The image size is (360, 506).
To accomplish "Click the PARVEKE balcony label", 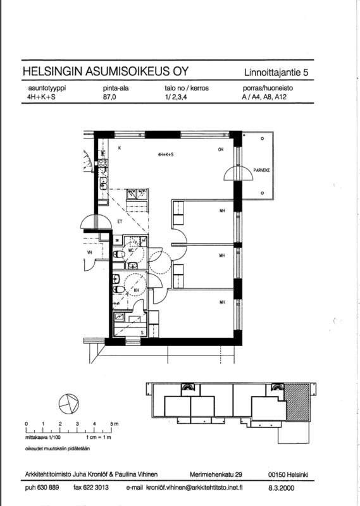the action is click(261, 170).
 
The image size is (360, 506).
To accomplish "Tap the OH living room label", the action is click(221, 149).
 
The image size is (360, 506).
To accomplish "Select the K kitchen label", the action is click(120, 148).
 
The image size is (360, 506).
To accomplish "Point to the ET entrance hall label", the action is click(120, 222).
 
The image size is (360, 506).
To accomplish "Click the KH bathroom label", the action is click(136, 290).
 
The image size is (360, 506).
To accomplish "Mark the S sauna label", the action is click(142, 333).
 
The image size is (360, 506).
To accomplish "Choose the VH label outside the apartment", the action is click(89, 252).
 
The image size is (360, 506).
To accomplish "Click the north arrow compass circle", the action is click(69, 404).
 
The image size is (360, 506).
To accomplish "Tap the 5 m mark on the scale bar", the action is click(112, 424).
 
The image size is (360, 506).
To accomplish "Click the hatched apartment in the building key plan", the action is click(297, 402).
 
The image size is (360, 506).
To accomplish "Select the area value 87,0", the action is click(109, 97).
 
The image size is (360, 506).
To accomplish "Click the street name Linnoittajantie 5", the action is click(276, 73).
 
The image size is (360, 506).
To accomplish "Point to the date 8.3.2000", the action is click(281, 488).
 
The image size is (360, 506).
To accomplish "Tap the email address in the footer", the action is click(194, 488).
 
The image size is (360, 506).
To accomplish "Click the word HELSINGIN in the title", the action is click(53, 71).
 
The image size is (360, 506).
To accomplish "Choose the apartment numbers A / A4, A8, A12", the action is click(264, 97).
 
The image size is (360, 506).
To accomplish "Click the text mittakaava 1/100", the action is click(42, 438).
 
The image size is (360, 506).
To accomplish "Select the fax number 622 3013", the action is click(91, 488).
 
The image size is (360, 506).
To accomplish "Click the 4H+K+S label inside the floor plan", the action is click(166, 154).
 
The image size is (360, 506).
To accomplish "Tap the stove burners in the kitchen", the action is click(103, 163).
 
